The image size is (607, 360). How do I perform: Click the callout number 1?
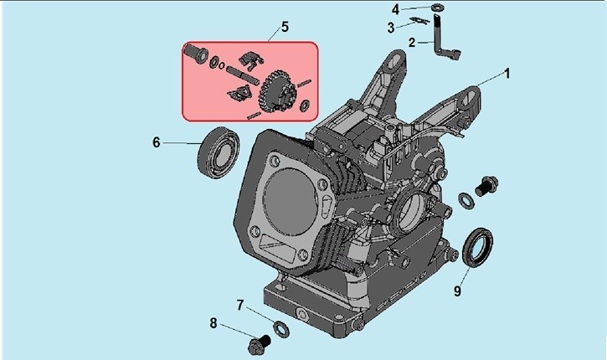point(507,74)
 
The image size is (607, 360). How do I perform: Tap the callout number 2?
point(412,42)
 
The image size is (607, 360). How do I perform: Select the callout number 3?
point(391,28)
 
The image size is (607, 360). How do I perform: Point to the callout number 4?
point(395,9)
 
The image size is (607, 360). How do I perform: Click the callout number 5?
point(285,27)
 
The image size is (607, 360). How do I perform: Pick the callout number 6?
point(156,142)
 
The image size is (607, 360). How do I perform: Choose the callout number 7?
point(240,305)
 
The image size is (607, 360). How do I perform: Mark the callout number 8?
point(213,323)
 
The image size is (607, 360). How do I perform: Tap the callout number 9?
point(457,291)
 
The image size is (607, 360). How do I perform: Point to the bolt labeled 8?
point(260,344)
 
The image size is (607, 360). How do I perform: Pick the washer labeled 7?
point(281,329)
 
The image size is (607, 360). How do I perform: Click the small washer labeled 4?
point(438,8)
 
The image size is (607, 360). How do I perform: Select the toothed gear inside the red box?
point(277,92)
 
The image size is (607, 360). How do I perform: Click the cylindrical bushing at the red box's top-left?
point(196,54)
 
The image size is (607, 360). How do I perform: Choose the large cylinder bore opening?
point(287,202)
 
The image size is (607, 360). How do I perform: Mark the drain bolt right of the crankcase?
point(486,185)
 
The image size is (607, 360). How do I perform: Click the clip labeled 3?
point(419,21)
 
